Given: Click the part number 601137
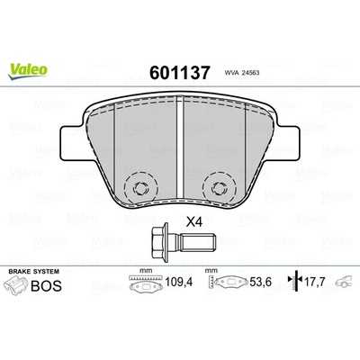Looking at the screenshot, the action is click(179, 73).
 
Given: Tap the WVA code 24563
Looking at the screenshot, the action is click(250, 73).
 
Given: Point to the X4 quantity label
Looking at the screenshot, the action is click(194, 222).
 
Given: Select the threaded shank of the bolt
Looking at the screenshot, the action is click(198, 241).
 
